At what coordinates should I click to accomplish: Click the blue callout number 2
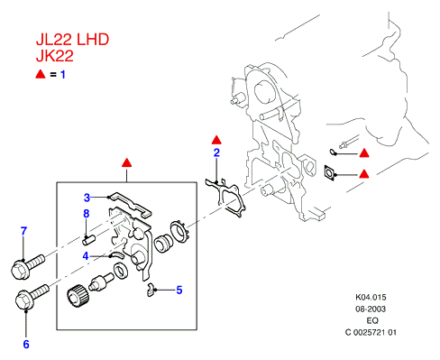coord(216,152)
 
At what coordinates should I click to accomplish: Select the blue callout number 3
coord(87,198)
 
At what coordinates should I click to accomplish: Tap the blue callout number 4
coord(86,256)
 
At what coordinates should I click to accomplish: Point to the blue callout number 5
coord(179,290)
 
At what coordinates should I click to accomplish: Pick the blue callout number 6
coord(26,345)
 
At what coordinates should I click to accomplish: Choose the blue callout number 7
coord(23,231)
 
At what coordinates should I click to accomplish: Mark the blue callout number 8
coord(87,214)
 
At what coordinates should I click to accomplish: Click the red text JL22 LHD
coord(72,40)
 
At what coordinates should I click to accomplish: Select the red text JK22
coord(55,56)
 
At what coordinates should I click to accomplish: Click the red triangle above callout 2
coord(216,140)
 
